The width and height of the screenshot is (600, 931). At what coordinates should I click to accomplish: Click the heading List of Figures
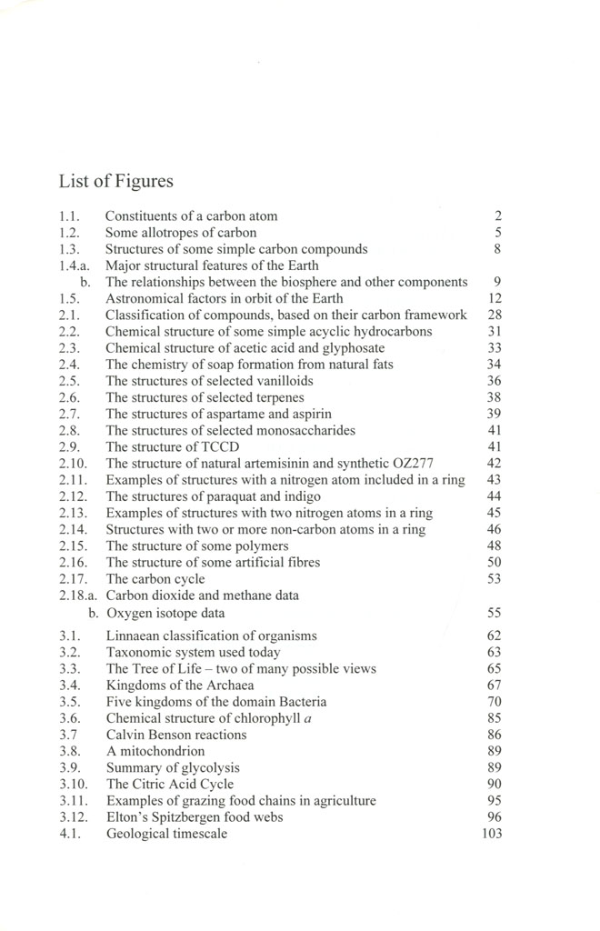[x=115, y=182]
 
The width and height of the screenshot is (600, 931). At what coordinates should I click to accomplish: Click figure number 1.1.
[x=69, y=216]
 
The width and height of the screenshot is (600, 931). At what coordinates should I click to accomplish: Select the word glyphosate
[x=352, y=348]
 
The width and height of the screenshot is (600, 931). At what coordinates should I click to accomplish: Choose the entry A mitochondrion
[x=155, y=751]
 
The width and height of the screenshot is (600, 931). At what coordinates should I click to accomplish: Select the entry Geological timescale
[x=167, y=833]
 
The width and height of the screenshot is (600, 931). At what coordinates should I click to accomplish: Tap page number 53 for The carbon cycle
[x=495, y=578]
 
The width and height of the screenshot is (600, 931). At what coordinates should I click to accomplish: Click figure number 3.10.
[x=72, y=784]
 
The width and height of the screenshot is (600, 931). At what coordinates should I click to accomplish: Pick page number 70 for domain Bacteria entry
[x=495, y=702]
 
